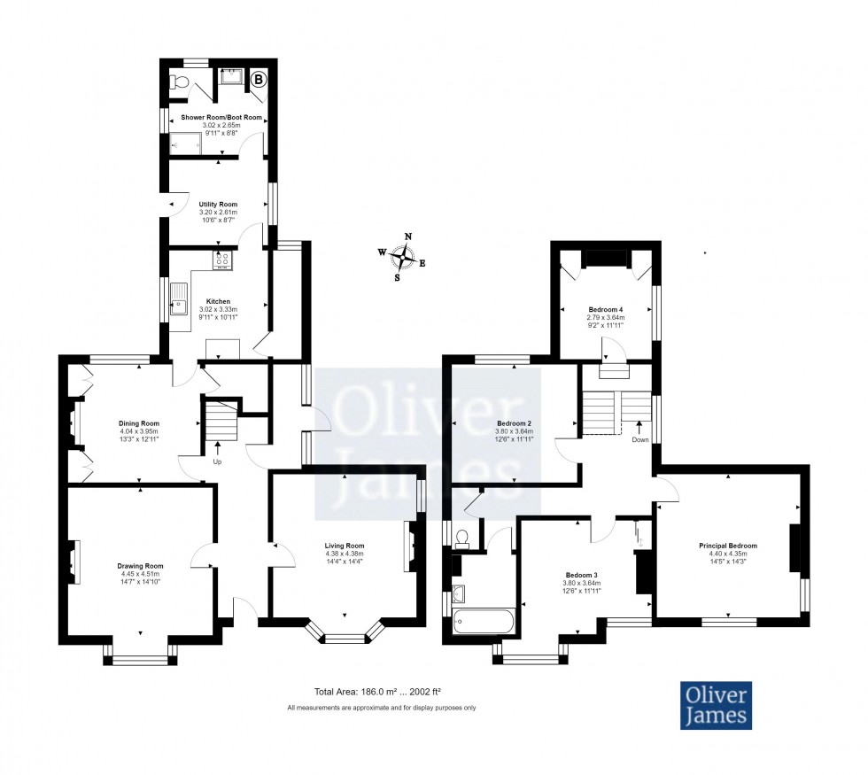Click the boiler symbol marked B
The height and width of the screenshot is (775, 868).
pyautogui.click(x=259, y=80)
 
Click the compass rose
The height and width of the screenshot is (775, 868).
pyautogui.click(x=403, y=257)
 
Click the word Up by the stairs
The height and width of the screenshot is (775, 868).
pyautogui.click(x=218, y=461)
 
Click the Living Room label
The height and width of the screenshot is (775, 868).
pyautogui.click(x=345, y=546)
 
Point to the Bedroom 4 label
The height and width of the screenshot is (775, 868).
pyautogui.click(x=607, y=310)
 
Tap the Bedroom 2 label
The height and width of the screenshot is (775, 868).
pyautogui.click(x=514, y=423)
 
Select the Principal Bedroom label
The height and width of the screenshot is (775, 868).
pyautogui.click(x=729, y=546)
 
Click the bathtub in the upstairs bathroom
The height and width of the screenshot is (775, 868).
pyautogui.click(x=483, y=622)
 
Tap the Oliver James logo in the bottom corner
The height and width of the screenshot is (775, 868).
pyautogui.click(x=716, y=705)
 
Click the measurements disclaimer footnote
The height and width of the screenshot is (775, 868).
pyautogui.click(x=382, y=708)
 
